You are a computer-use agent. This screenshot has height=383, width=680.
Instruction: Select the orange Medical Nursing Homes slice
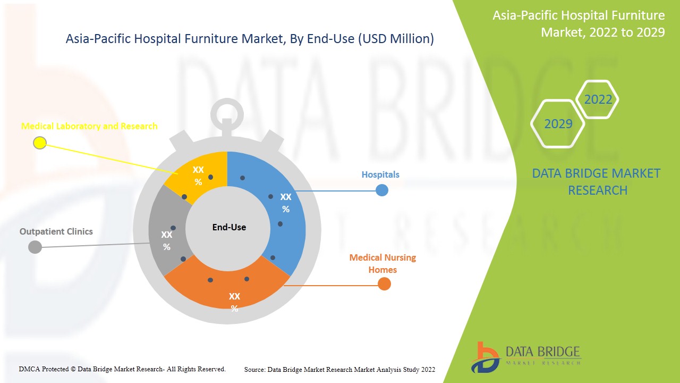[228, 290]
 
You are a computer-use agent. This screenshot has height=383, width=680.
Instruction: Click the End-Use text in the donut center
[229, 227]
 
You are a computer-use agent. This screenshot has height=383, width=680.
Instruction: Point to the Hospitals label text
[380, 174]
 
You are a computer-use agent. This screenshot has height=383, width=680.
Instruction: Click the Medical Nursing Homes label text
[382, 263]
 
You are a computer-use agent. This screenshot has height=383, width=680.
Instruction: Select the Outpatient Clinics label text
[56, 231]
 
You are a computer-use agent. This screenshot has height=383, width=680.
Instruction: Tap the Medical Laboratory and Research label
[89, 126]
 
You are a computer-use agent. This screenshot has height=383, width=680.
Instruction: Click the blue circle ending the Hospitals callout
[382, 190]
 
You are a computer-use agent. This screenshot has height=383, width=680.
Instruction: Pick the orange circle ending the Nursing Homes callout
[384, 284]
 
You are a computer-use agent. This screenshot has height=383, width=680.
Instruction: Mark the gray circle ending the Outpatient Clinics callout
[35, 247]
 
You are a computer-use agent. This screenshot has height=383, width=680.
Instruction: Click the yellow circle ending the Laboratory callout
[40, 143]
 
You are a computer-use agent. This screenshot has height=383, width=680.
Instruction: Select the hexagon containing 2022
[598, 99]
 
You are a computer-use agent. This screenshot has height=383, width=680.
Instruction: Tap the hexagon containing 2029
[558, 124]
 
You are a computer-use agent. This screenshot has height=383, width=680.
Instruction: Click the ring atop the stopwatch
[227, 113]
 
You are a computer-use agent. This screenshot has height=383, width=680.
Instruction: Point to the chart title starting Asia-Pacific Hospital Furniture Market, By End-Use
[250, 39]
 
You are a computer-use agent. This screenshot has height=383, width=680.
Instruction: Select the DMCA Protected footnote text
[122, 369]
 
